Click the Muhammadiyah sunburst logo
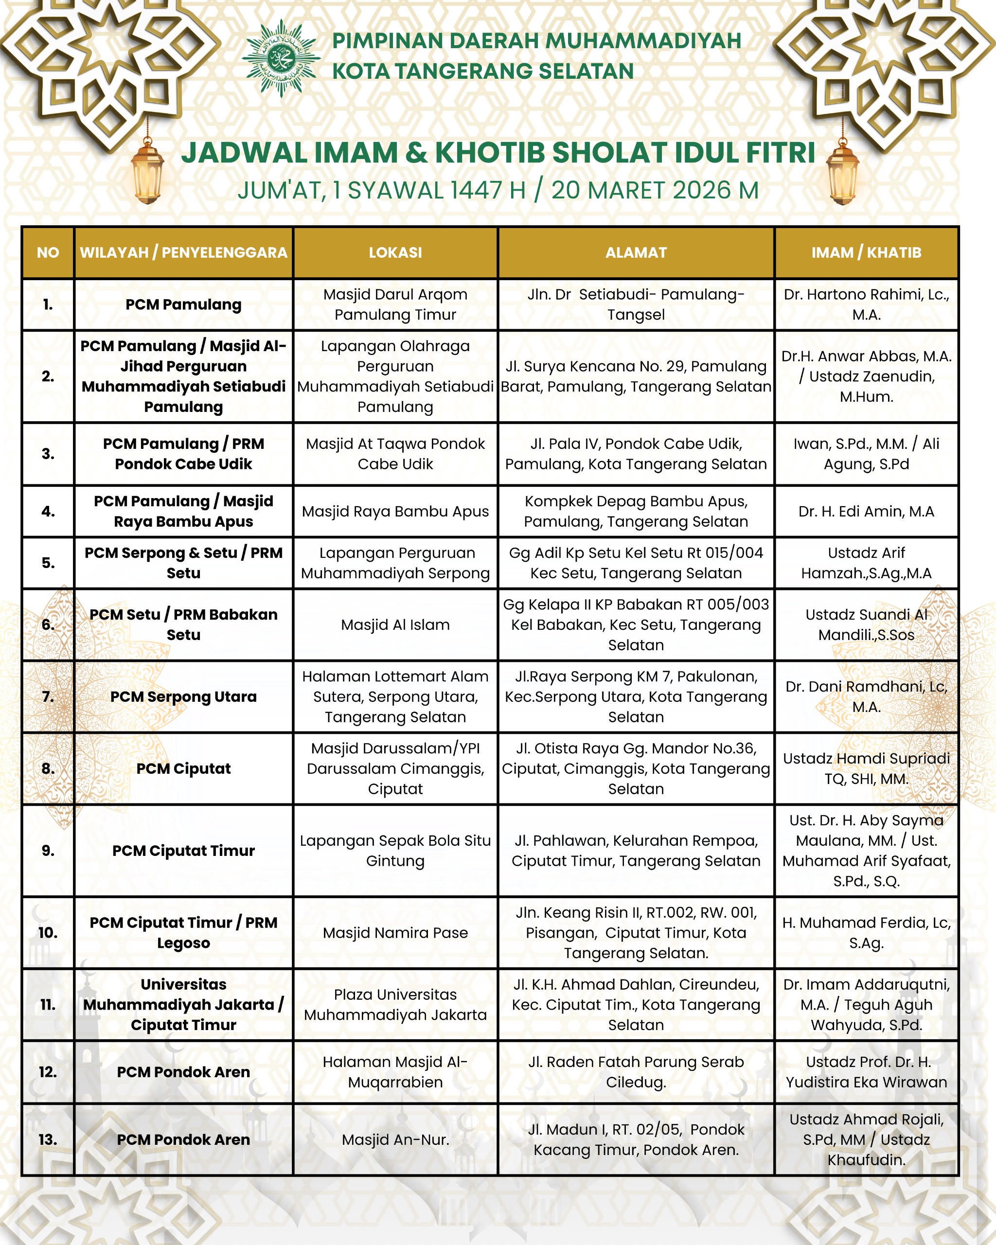tap(281, 58)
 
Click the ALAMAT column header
tap(636, 252)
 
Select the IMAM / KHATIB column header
tap(866, 252)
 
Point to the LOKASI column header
tap(395, 252)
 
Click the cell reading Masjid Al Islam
tap(395, 624)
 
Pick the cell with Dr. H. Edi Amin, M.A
tap(866, 511)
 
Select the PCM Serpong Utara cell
tap(184, 696)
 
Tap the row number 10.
tap(48, 933)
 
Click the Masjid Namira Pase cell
tap(395, 933)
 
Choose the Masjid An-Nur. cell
tap(395, 1139)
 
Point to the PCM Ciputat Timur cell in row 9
tap(184, 851)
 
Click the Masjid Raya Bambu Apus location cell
tap(395, 511)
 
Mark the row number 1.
tap(48, 304)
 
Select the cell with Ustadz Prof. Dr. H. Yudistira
tap(866, 1072)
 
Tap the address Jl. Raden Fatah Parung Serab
tap(636, 1072)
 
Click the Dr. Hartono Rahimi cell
tap(866, 304)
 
